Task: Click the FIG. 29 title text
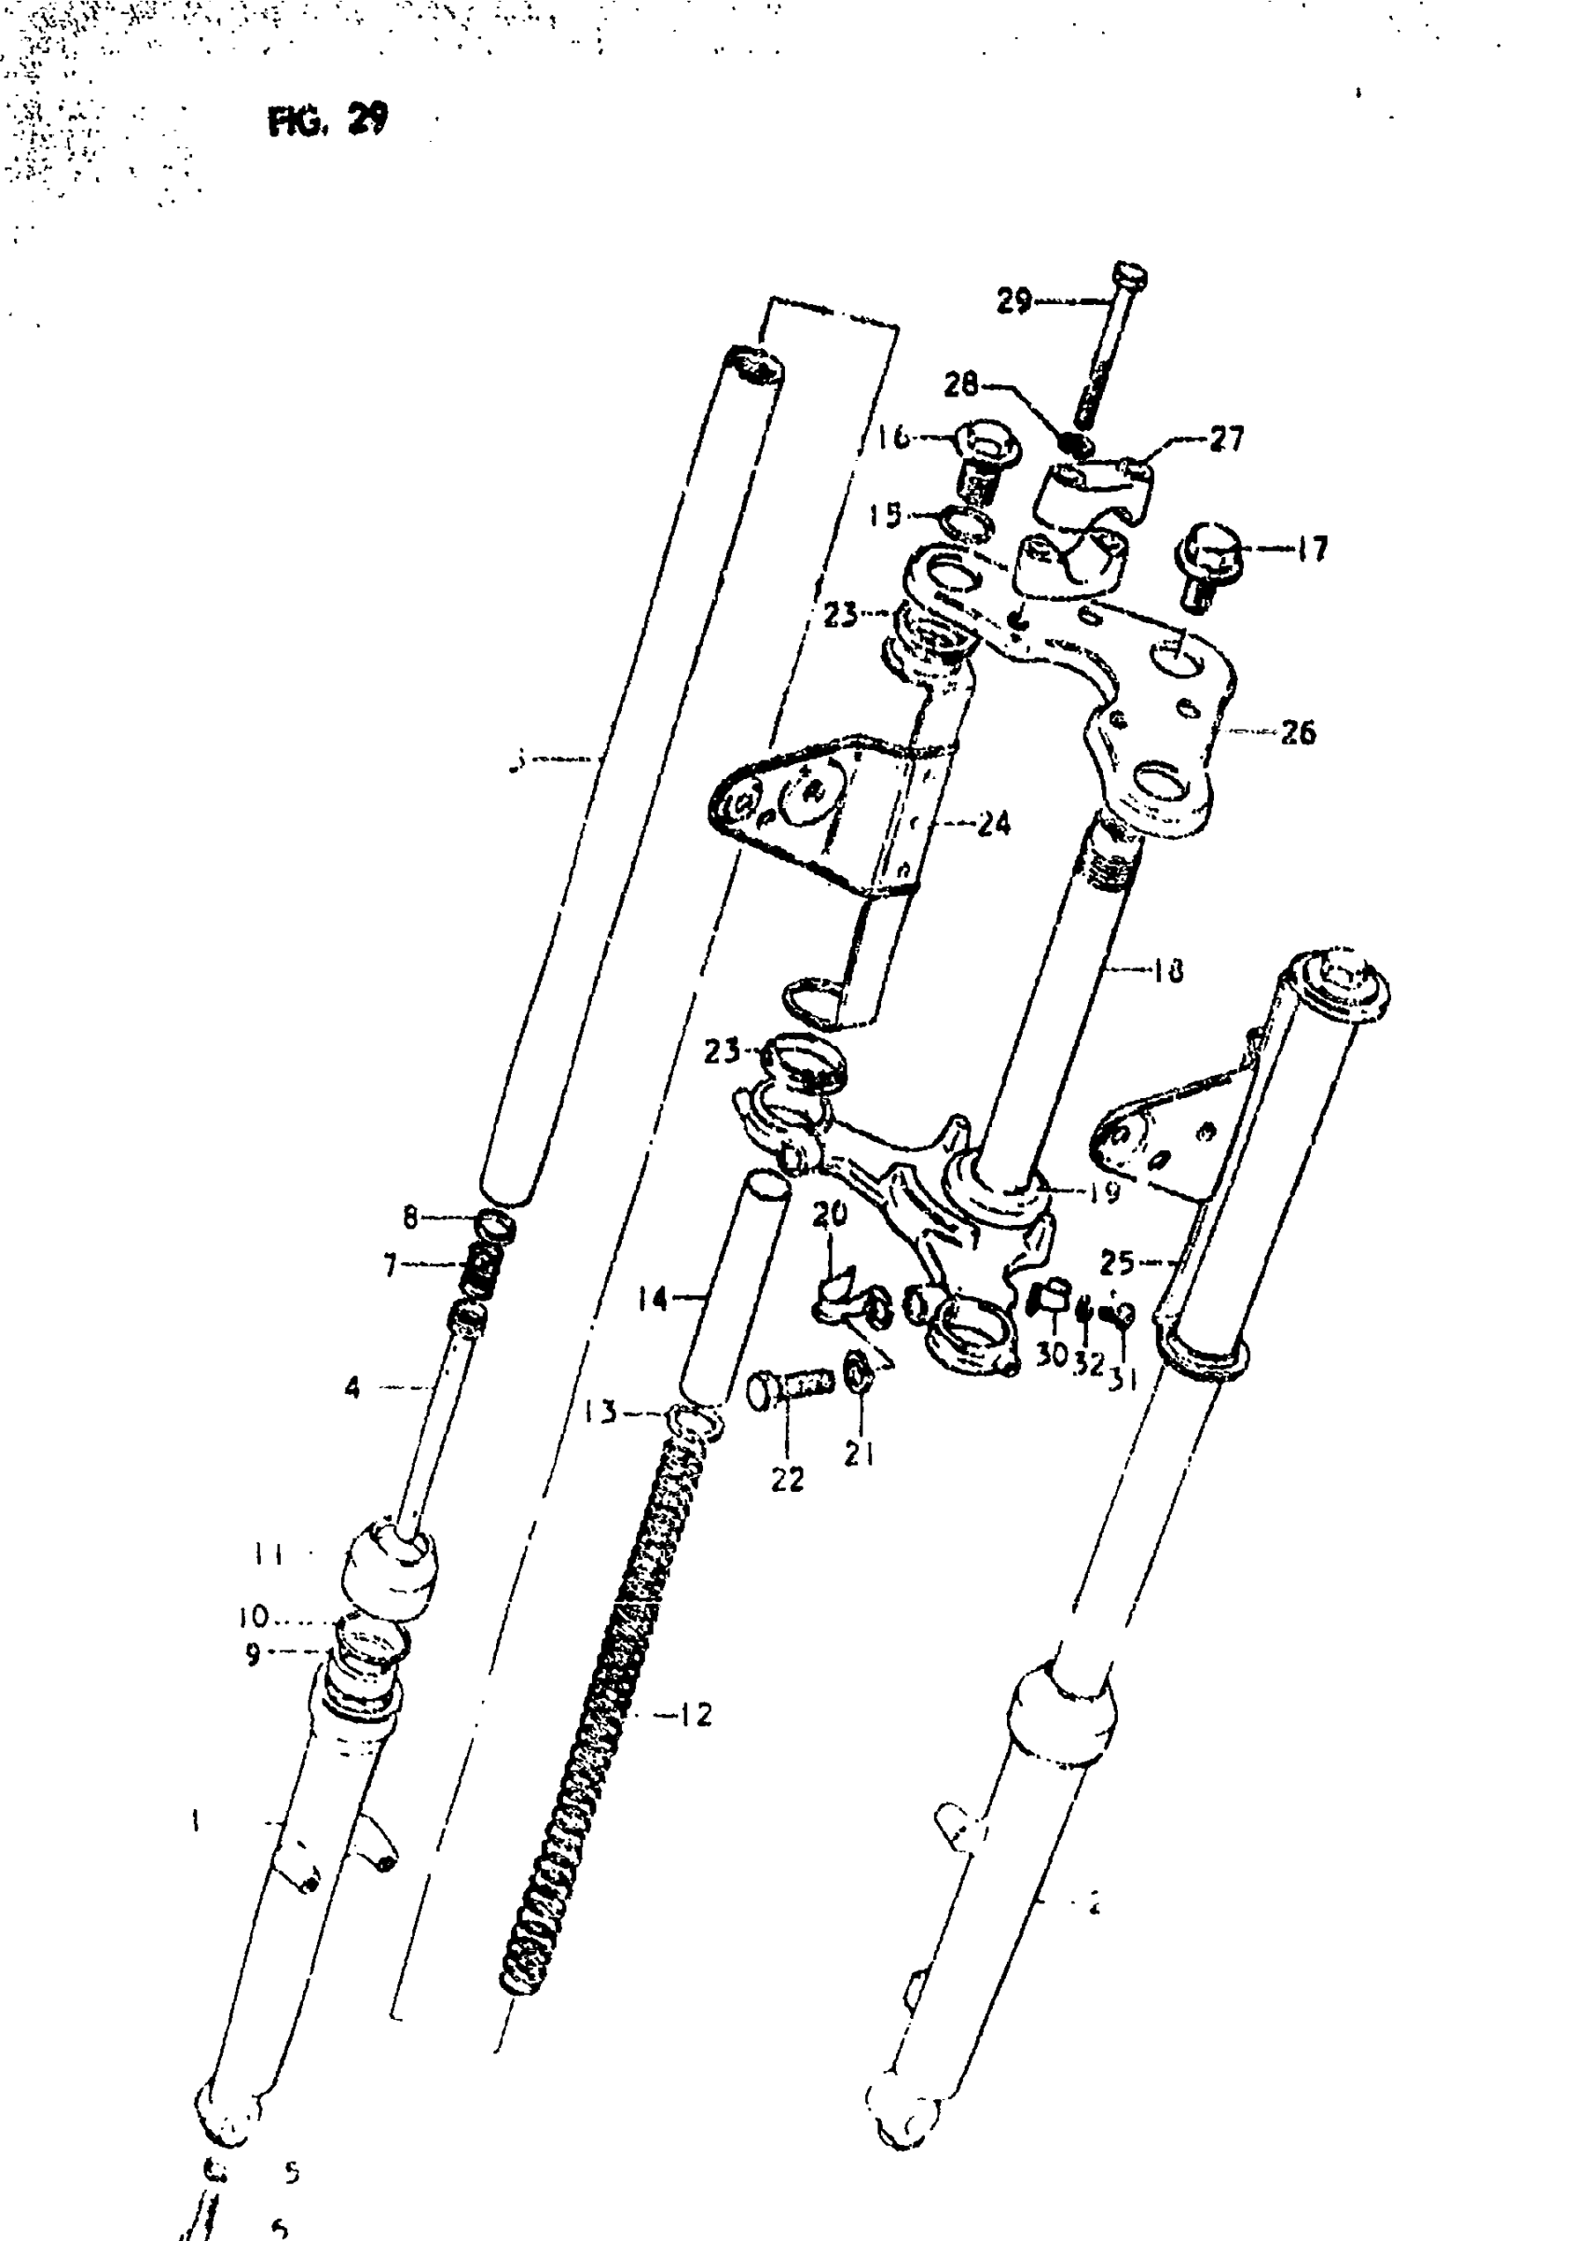327,119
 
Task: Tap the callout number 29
1014,300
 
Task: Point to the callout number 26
1297,731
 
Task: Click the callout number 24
993,824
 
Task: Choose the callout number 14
653,1299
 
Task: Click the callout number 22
787,1481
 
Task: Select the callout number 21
859,1454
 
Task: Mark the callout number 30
1051,1357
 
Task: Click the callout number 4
352,1386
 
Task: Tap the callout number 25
1118,1263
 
